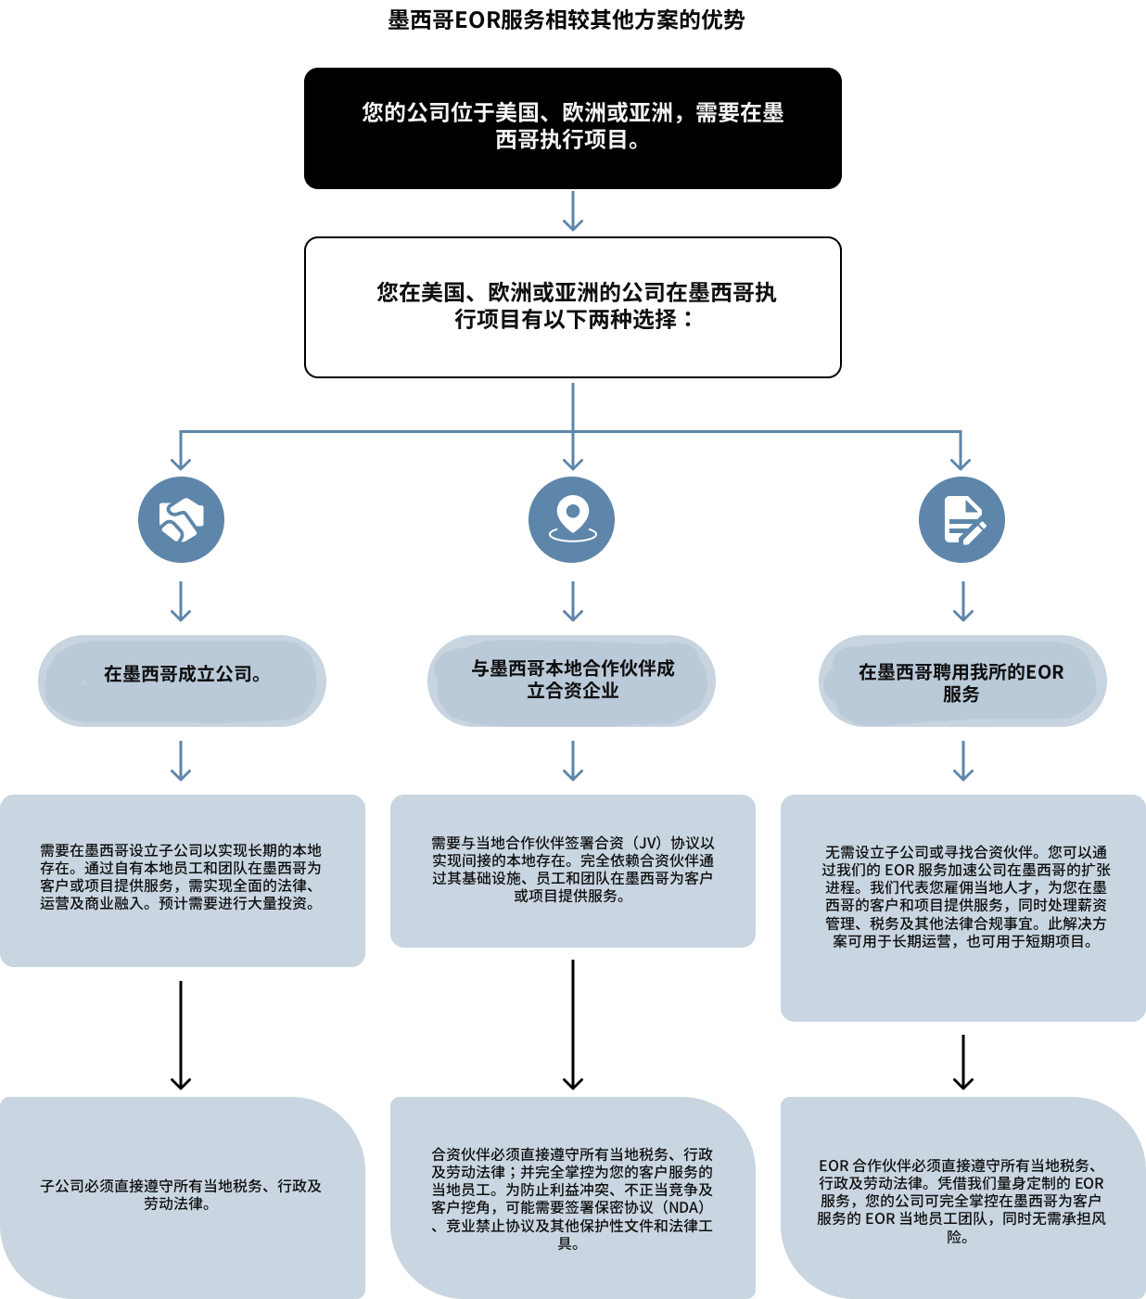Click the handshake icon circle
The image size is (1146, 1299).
coord(181,519)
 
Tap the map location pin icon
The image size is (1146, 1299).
coord(572,519)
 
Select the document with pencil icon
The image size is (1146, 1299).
coord(961,519)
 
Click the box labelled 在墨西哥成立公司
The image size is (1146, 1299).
coord(182,680)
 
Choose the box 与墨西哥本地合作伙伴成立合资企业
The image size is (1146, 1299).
coord(571,680)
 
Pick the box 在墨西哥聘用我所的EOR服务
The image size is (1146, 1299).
coord(962,681)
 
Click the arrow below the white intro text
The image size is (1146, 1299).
coord(573,211)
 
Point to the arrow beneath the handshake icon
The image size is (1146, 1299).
coord(181,602)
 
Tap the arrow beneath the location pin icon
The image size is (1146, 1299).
coord(573,602)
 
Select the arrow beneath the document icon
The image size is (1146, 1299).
coord(963,602)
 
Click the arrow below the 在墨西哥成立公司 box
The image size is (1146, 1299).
coord(181,761)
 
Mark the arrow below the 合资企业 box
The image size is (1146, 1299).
coord(573,761)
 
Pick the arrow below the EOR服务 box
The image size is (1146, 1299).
coord(963,761)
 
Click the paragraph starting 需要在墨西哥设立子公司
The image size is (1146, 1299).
coord(181,876)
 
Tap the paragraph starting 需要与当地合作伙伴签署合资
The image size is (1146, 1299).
coord(572,869)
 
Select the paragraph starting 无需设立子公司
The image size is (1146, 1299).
coord(963,896)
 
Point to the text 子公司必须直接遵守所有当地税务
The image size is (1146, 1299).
coord(181,1194)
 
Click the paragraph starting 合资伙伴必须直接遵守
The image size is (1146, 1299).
coord(572,1198)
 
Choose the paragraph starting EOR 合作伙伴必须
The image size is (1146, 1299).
coord(961,1200)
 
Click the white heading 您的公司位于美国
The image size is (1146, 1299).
coord(572,126)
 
